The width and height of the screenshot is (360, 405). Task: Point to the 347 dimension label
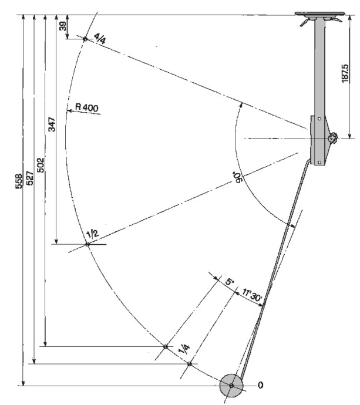pyautogui.click(x=52, y=125)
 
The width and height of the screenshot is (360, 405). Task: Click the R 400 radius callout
pyautogui.click(x=88, y=107)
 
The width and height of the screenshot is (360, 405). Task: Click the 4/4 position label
pyautogui.click(x=99, y=40)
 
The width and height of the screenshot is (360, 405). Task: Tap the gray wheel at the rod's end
pyautogui.click(x=231, y=386)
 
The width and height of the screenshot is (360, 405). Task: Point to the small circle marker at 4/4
pyautogui.click(x=85, y=39)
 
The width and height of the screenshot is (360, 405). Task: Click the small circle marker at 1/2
pyautogui.click(x=87, y=244)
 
